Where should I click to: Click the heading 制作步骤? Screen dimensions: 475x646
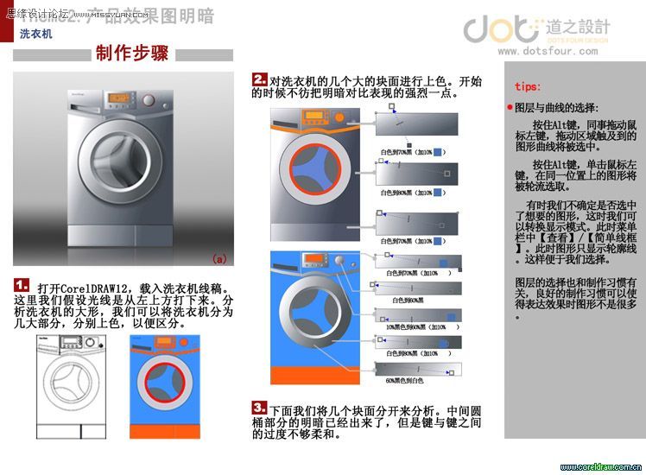click(x=131, y=54)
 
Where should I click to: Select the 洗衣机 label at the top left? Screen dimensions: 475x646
click(x=36, y=35)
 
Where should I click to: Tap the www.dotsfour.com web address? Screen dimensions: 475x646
click(x=547, y=51)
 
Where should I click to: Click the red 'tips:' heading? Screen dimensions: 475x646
click(x=528, y=86)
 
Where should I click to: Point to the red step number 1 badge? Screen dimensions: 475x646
click(x=22, y=285)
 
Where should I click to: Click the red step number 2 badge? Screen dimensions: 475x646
click(x=259, y=79)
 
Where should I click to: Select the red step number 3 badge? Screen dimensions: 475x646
click(x=259, y=406)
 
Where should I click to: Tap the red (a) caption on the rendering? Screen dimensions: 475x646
click(x=219, y=258)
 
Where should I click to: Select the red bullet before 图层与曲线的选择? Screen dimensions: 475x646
click(x=510, y=108)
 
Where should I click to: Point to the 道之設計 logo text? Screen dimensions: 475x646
click(x=578, y=26)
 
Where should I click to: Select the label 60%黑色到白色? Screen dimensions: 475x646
click(x=404, y=380)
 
